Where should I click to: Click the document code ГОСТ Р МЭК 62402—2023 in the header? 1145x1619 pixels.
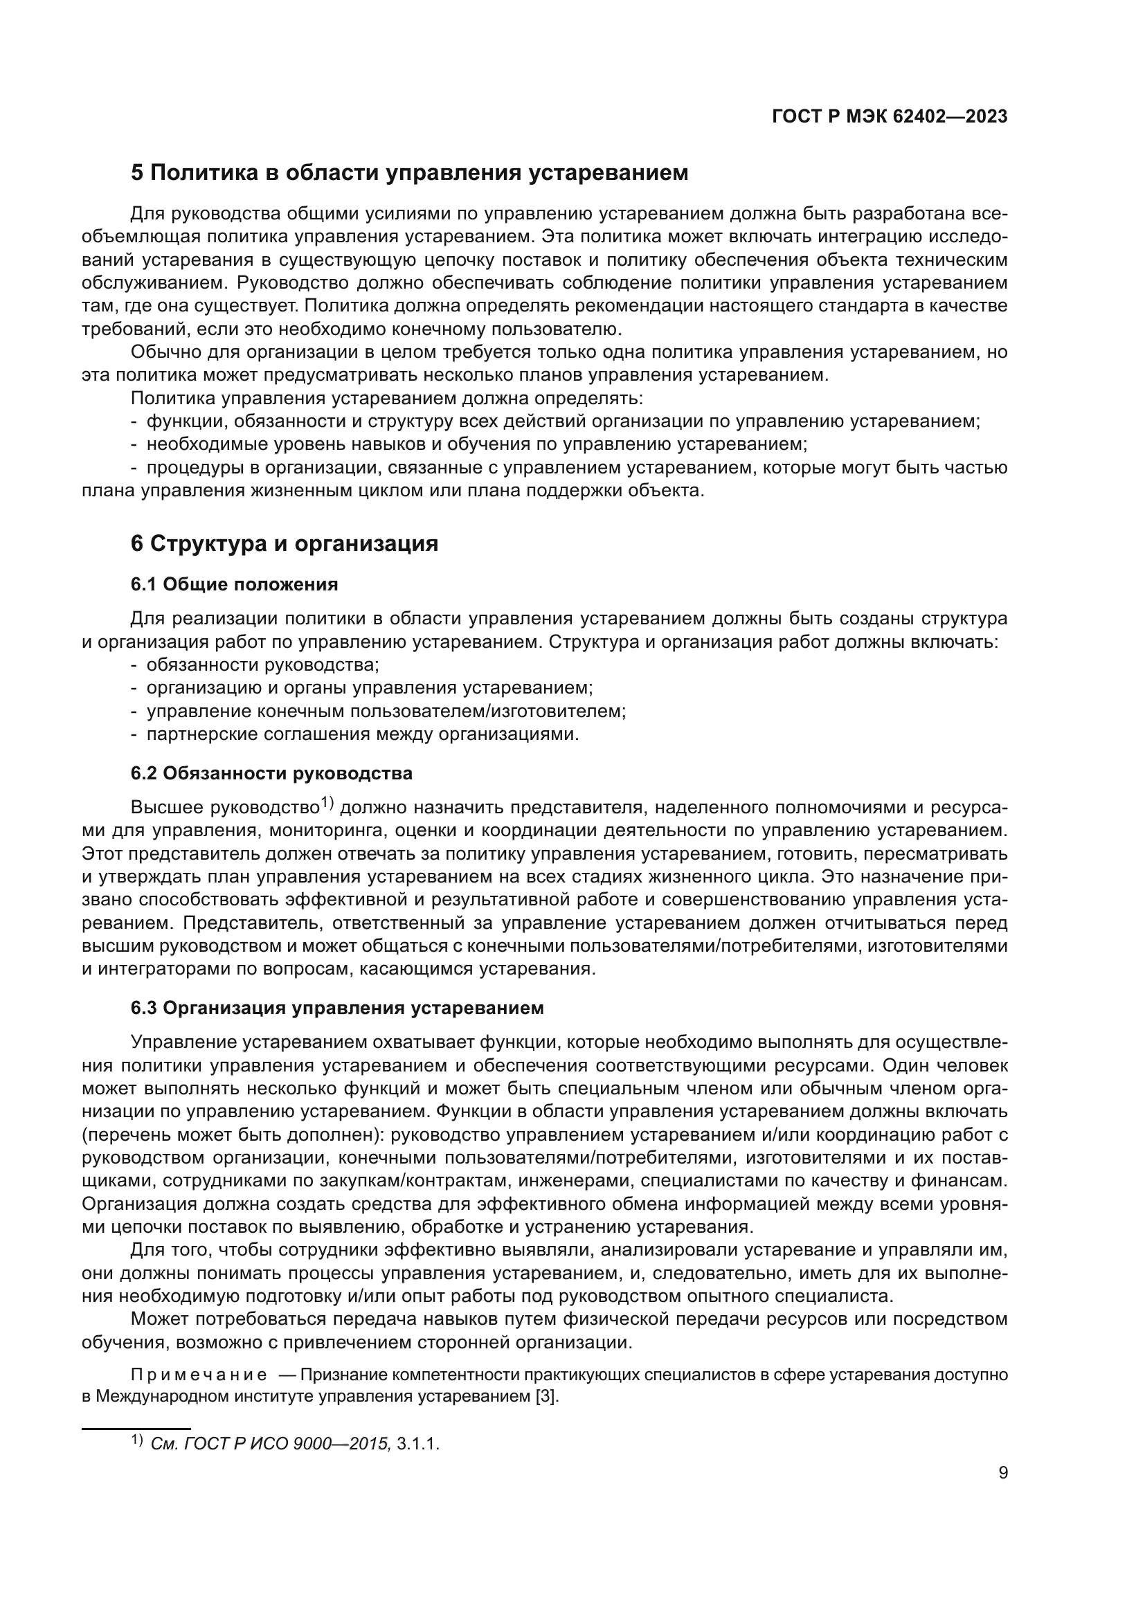pyautogui.click(x=890, y=117)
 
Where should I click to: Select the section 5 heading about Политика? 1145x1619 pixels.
pyautogui.click(x=409, y=173)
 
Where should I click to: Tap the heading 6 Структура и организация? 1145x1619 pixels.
pyautogui.click(x=284, y=543)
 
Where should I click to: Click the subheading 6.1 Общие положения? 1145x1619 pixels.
pyautogui.click(x=234, y=585)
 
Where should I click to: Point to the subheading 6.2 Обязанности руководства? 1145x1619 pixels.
pyautogui.click(x=271, y=774)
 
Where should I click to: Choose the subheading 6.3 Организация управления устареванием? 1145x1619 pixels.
pyautogui.click(x=337, y=1009)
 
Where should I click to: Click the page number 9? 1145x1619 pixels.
pyautogui.click(x=1003, y=1473)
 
